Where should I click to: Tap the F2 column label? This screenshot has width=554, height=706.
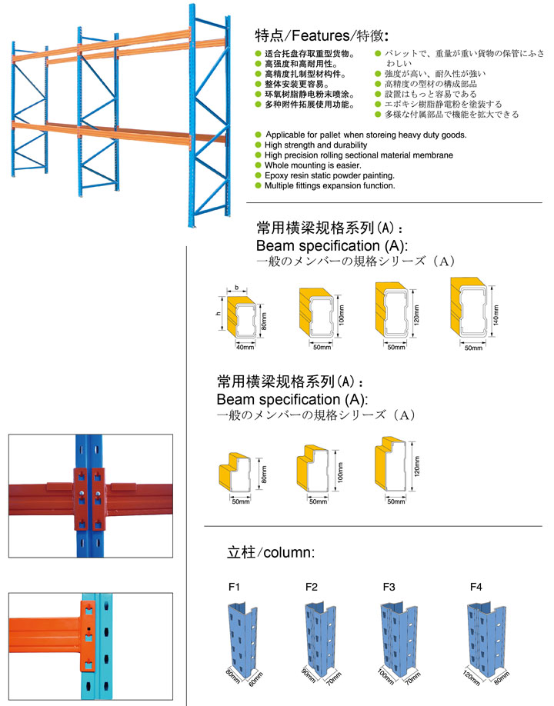point(312,588)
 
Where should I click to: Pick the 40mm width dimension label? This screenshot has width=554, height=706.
point(244,347)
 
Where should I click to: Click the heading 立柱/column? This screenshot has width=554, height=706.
point(271,552)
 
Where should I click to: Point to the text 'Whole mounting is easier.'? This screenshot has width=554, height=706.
point(314,165)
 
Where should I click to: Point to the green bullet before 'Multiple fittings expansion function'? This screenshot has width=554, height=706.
point(258,186)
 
